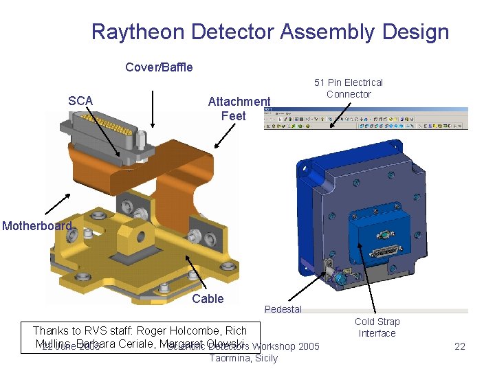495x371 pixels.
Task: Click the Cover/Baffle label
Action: [x=159, y=67]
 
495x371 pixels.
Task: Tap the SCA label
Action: [x=80, y=101]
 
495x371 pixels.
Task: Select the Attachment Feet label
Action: [x=239, y=109]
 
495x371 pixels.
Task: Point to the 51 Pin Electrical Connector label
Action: [x=349, y=88]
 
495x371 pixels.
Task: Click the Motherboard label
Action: [x=36, y=226]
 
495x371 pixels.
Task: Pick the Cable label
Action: [x=208, y=298]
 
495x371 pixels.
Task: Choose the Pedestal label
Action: [x=283, y=309]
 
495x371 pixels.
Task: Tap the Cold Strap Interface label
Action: [x=377, y=327]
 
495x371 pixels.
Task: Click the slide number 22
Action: [x=461, y=346]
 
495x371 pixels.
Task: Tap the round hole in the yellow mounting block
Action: [x=140, y=238]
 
